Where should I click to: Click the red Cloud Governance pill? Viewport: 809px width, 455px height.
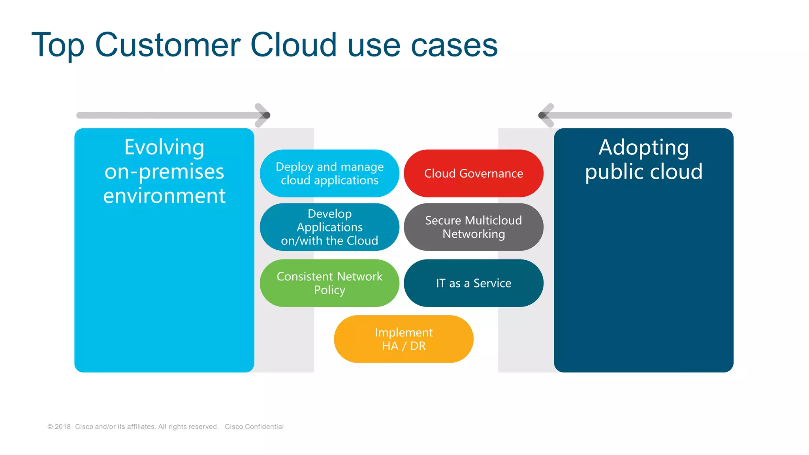(x=473, y=173)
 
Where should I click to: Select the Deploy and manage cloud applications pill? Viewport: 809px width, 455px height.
(x=329, y=173)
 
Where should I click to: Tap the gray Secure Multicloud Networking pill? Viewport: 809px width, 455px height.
(x=473, y=227)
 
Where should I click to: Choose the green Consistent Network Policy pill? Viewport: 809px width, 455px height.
(x=329, y=283)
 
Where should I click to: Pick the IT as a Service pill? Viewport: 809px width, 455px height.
(x=473, y=283)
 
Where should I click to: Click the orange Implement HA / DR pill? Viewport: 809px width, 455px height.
(x=403, y=339)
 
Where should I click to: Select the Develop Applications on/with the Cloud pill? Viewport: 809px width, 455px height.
(x=329, y=227)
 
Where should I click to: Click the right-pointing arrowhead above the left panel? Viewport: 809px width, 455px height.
(x=264, y=115)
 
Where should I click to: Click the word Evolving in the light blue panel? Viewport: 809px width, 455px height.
(x=164, y=147)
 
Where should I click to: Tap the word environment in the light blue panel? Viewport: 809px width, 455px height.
(x=164, y=196)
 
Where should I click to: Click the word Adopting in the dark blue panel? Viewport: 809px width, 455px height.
(x=643, y=147)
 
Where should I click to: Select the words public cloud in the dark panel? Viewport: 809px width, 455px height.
(x=643, y=172)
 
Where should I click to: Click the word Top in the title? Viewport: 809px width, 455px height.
(x=58, y=45)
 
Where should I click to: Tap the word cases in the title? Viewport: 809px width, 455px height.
(x=454, y=45)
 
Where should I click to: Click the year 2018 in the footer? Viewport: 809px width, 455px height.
(x=62, y=427)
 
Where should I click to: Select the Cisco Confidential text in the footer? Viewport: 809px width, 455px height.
(x=254, y=427)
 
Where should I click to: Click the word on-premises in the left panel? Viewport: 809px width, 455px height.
(x=164, y=172)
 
